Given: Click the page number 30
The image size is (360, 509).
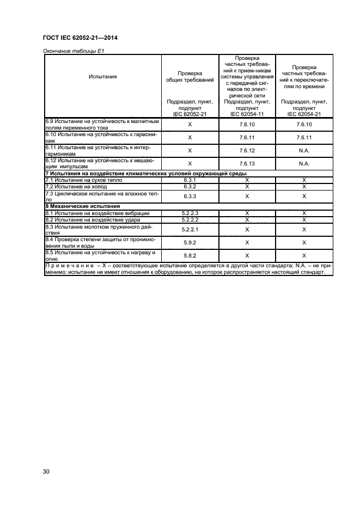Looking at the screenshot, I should point(46,471).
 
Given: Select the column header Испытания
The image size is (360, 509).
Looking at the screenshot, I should point(102,76).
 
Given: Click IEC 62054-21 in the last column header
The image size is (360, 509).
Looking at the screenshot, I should point(304,114).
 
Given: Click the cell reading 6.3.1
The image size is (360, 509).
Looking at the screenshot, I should point(190,179).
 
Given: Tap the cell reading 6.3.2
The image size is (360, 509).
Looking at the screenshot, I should point(190,186).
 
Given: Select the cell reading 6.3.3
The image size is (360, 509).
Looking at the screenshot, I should point(190,196).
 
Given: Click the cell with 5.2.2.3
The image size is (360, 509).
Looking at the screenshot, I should point(190,213).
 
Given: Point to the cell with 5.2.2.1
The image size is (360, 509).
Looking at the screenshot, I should point(190,230).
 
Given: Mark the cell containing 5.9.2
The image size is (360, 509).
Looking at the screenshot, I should point(190,242).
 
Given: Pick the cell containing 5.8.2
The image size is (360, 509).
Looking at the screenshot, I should point(190,255).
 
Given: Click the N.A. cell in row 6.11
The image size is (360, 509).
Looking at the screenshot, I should point(304,150).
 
